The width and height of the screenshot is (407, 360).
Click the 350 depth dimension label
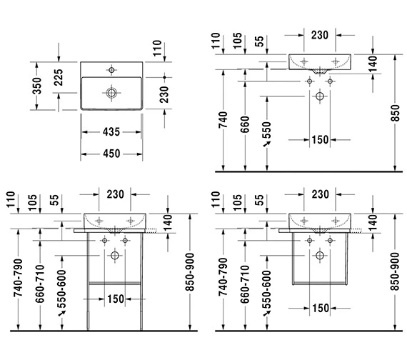[x=37, y=86]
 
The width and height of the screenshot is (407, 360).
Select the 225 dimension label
[x=59, y=77]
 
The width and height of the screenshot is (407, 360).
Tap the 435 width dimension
[x=111, y=132]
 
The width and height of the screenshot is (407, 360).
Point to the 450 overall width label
[x=111, y=154]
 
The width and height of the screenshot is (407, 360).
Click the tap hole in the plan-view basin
[x=111, y=70]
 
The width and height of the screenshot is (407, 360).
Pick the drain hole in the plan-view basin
[x=111, y=93]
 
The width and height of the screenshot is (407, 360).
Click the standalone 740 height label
[x=223, y=120]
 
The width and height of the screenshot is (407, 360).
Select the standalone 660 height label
[x=245, y=124]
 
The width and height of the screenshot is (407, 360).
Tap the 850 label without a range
[x=395, y=113]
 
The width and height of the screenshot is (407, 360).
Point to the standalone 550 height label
[x=266, y=130]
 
